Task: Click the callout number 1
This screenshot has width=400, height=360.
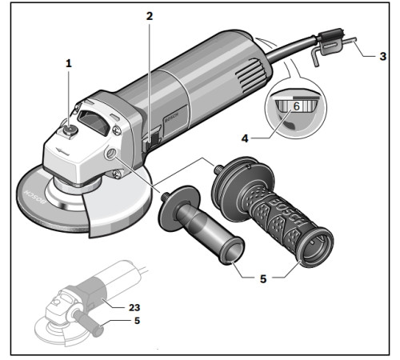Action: coord(69,62)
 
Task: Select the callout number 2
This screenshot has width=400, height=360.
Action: coord(149,15)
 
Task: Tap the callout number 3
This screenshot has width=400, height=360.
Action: coord(382,57)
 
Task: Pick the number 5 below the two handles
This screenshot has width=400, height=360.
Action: coord(263,279)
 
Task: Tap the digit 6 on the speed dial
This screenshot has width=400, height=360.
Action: coord(295,106)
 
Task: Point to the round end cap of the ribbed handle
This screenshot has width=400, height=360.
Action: coord(314,244)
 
